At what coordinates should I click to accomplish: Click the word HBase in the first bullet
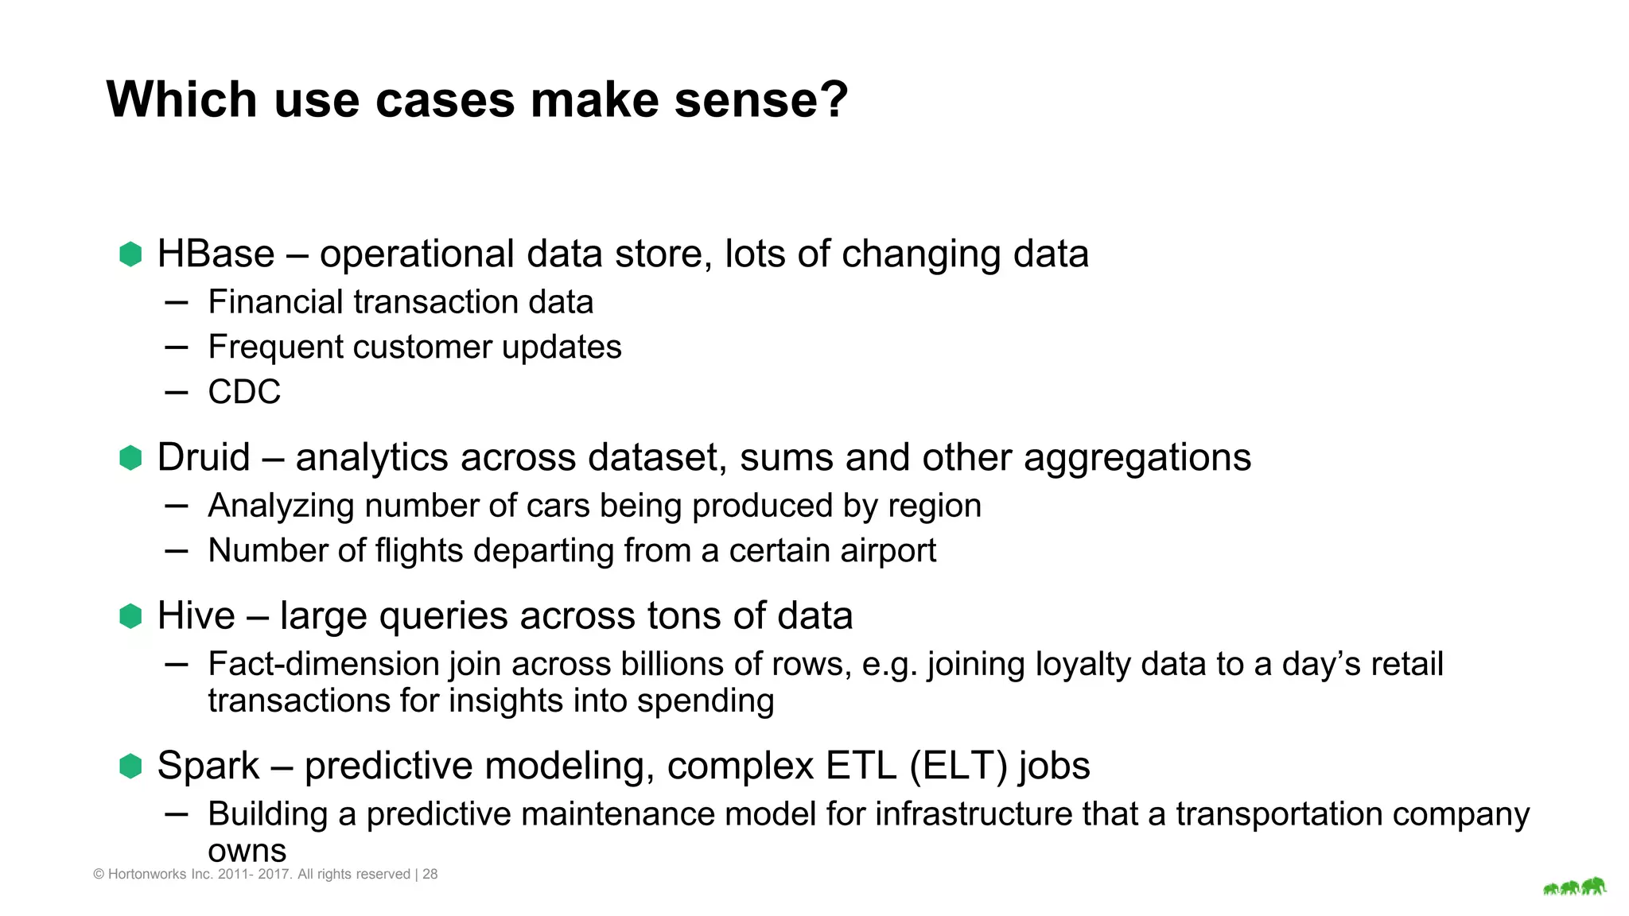(x=216, y=254)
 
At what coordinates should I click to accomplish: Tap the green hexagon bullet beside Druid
(x=130, y=458)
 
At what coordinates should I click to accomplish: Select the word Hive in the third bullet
(x=196, y=616)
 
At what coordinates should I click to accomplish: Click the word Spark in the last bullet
(x=208, y=767)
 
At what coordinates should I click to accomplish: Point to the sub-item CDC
(x=244, y=392)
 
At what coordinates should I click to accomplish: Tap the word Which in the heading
(x=181, y=100)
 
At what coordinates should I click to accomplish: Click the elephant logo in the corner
(x=1574, y=887)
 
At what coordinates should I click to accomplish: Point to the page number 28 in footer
(x=430, y=874)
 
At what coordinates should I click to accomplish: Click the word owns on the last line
(x=247, y=851)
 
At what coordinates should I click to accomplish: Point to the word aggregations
(x=1137, y=458)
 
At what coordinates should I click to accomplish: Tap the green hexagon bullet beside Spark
(x=130, y=767)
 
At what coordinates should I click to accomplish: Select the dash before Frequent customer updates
(x=177, y=347)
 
